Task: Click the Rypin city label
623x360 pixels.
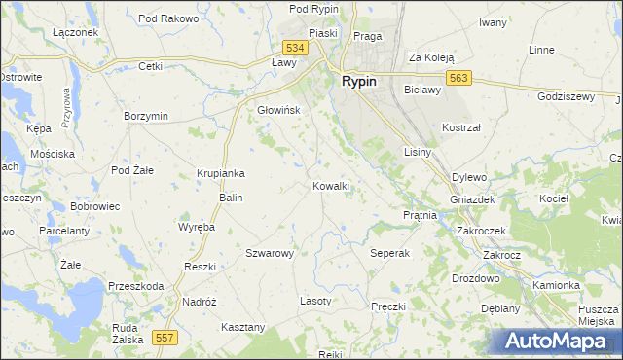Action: tap(359, 82)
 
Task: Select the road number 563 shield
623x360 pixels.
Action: tap(460, 79)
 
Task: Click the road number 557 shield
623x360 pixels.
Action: tap(165, 337)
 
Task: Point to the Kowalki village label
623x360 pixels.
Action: tap(331, 185)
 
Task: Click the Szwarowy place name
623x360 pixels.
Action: tap(270, 253)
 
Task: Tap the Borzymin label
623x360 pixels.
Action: tap(146, 116)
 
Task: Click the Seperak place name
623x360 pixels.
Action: tap(390, 253)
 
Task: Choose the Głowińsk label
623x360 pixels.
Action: tap(278, 110)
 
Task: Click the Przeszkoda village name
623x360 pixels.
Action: tap(136, 286)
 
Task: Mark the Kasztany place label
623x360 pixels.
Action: tap(243, 327)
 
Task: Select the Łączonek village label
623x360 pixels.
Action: tap(76, 32)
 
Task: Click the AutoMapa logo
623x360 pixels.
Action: tap(558, 341)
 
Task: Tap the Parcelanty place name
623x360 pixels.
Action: tap(64, 231)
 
